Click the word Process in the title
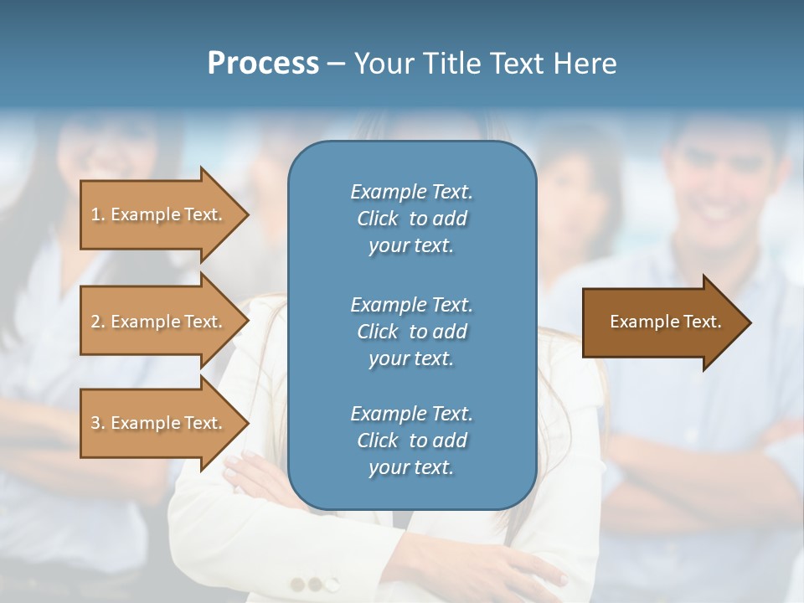[x=263, y=64]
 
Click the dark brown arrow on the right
[x=662, y=322]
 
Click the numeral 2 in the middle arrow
[x=95, y=322]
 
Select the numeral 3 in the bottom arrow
[x=95, y=423]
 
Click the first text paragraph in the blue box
[x=411, y=219]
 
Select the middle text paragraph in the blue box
[x=411, y=332]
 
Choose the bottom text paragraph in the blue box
[x=411, y=441]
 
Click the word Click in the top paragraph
[x=378, y=219]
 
